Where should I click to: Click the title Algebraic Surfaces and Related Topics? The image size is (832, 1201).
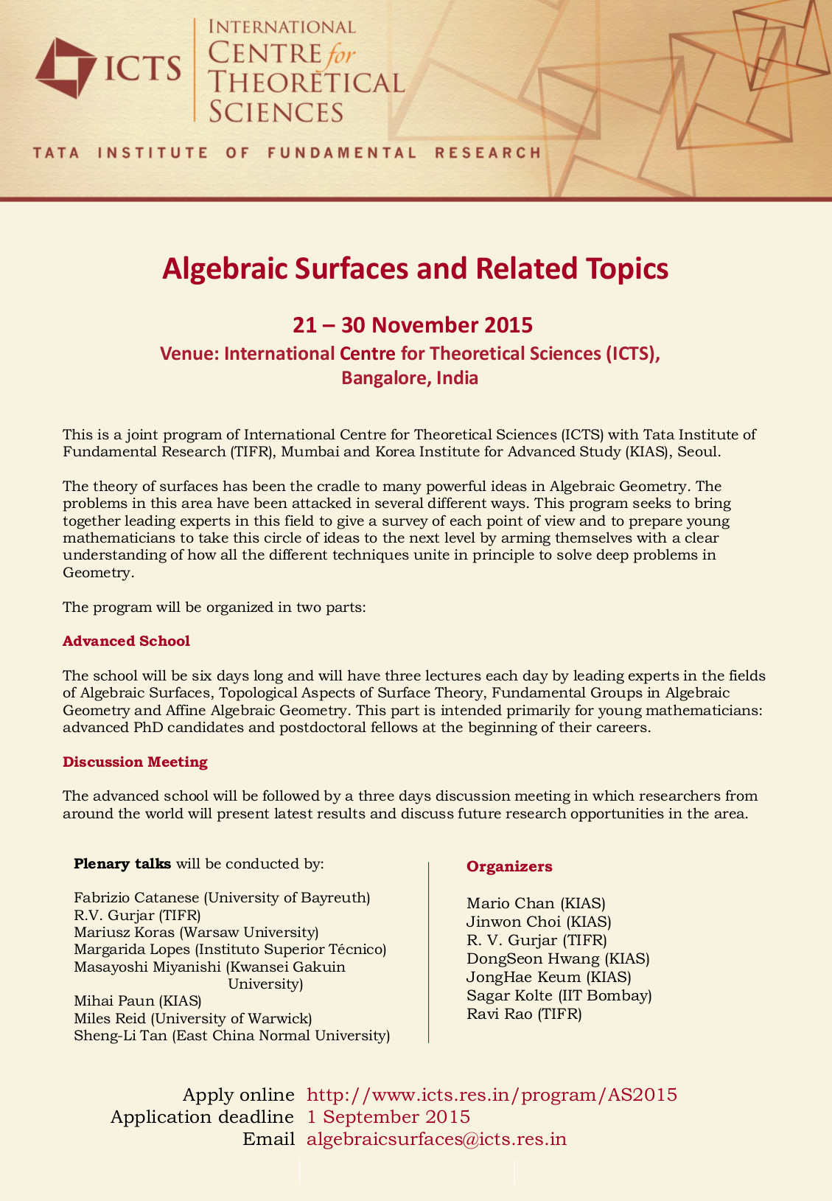[x=415, y=268]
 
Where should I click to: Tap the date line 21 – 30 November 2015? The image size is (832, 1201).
[x=412, y=324]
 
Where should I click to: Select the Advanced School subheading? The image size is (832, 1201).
[x=126, y=641]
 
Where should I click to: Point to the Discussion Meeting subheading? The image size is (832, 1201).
[x=135, y=762]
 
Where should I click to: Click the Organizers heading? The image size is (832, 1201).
[x=509, y=866]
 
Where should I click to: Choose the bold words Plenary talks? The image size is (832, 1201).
[x=122, y=863]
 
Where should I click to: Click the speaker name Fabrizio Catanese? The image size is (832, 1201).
[x=136, y=897]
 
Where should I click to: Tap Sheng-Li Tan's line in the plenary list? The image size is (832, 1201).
[x=231, y=1036]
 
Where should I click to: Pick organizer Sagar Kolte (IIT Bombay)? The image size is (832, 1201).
[x=559, y=995]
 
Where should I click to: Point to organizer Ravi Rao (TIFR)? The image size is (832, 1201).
[x=524, y=1014]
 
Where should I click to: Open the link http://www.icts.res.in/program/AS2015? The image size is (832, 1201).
[x=492, y=1094]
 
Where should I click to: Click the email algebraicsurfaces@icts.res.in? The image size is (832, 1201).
[x=436, y=1139]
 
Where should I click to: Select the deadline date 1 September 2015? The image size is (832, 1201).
[x=388, y=1116]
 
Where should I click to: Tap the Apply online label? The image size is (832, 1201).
[x=238, y=1094]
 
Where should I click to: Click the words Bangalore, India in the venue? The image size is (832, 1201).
[x=410, y=378]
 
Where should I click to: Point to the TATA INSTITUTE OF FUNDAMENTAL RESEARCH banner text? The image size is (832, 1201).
[x=287, y=153]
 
